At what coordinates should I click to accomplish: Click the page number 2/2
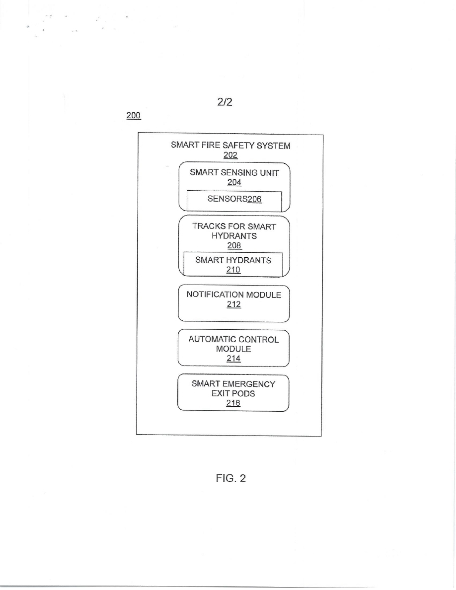(222, 102)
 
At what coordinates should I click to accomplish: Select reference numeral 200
(134, 116)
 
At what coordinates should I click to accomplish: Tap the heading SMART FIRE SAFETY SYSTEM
(230, 146)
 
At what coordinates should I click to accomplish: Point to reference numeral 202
(230, 155)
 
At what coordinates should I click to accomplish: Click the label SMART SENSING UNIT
(234, 173)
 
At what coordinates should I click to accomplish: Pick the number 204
(234, 183)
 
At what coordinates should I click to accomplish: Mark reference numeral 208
(233, 245)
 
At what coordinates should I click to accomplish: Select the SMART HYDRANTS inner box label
(233, 260)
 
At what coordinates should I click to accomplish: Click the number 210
(233, 270)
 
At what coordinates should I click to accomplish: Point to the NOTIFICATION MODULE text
(233, 295)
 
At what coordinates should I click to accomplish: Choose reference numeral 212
(233, 304)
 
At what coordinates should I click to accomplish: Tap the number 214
(233, 359)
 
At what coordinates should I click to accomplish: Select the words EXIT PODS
(233, 394)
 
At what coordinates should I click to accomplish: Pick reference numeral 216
(233, 403)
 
